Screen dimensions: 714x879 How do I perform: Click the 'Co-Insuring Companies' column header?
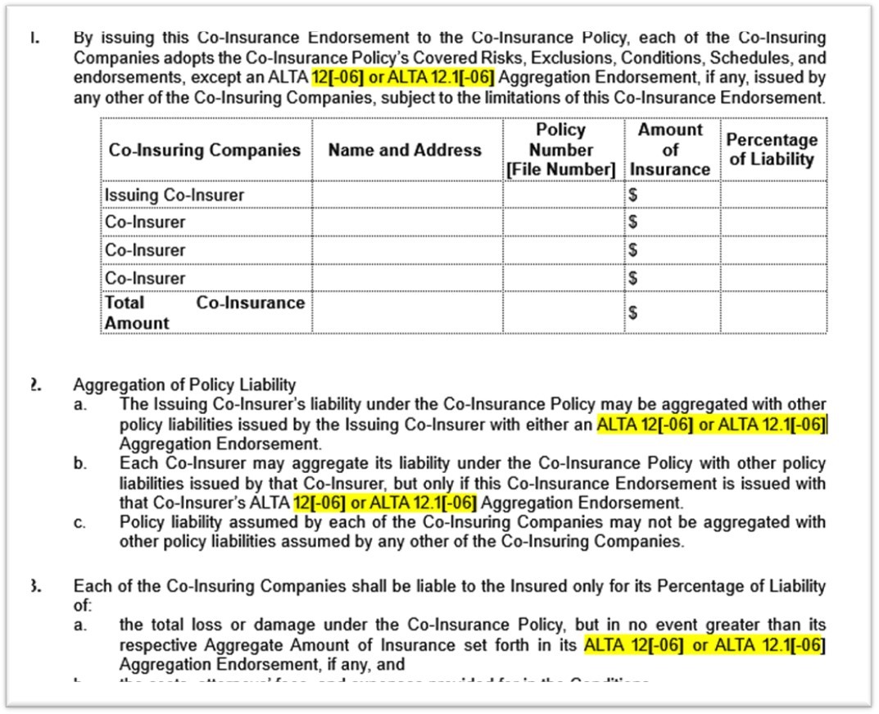pyautogui.click(x=205, y=150)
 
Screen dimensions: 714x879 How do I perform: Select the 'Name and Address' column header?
pyautogui.click(x=405, y=150)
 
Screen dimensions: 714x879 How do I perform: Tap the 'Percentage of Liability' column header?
pyautogui.click(x=773, y=149)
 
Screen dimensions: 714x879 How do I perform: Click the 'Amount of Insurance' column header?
pyautogui.click(x=671, y=149)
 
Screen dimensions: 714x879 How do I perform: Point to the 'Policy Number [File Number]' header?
pyautogui.click(x=561, y=149)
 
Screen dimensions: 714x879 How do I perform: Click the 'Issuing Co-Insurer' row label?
pyautogui.click(x=174, y=195)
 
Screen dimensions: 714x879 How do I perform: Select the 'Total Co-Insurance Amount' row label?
pyautogui.click(x=205, y=312)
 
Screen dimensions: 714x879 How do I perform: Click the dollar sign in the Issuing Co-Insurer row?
pyautogui.click(x=632, y=196)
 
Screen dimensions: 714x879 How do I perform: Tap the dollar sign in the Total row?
pyautogui.click(x=632, y=313)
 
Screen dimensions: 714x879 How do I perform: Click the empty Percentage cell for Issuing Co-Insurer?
pyautogui.click(x=773, y=195)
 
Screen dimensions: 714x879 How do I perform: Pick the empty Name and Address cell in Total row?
pyautogui.click(x=406, y=312)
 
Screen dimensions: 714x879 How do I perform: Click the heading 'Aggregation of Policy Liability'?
pyautogui.click(x=184, y=385)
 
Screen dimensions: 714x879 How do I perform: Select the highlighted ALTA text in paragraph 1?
pyautogui.click(x=403, y=79)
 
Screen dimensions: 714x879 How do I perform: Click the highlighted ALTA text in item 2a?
pyautogui.click(x=711, y=425)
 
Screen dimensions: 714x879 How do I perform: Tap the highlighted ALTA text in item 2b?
pyautogui.click(x=385, y=502)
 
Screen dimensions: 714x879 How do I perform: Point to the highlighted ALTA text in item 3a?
pyautogui.click(x=705, y=645)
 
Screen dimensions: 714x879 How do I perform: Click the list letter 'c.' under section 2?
pyautogui.click(x=79, y=523)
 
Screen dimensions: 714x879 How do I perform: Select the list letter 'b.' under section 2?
pyautogui.click(x=79, y=464)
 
